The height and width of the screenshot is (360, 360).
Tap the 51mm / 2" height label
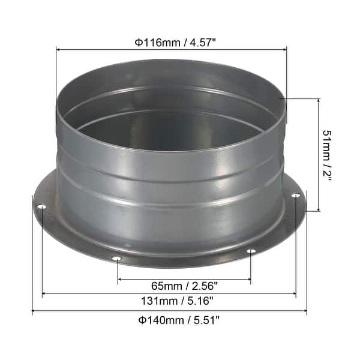(x=328, y=155)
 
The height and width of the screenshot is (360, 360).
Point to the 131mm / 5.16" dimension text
(x=170, y=302)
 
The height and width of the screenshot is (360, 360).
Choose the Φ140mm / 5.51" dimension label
(x=169, y=320)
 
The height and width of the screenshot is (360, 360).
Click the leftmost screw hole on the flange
(x=41, y=208)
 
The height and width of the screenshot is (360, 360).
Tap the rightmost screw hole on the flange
(x=295, y=196)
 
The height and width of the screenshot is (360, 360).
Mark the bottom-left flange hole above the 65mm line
(x=117, y=259)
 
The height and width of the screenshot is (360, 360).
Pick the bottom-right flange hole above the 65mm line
(x=251, y=251)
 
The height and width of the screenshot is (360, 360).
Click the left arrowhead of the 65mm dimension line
(x=119, y=279)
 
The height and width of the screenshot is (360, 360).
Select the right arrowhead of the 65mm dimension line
(x=249, y=279)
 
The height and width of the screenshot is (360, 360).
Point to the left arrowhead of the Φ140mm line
(x=34, y=311)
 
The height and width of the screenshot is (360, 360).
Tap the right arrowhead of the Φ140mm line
(x=305, y=311)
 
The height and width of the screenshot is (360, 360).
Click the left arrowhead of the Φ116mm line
(x=58, y=50)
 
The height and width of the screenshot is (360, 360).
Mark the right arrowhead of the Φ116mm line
(x=285, y=50)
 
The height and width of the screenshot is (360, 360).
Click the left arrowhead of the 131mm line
(x=44, y=294)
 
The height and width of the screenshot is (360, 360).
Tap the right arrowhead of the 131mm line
(x=294, y=294)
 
